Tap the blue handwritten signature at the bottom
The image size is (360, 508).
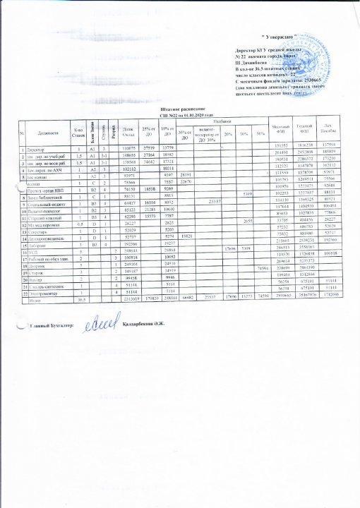[x=98, y=322]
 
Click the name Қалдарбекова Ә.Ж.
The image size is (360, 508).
[x=140, y=324]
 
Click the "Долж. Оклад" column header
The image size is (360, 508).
[x=128, y=131]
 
